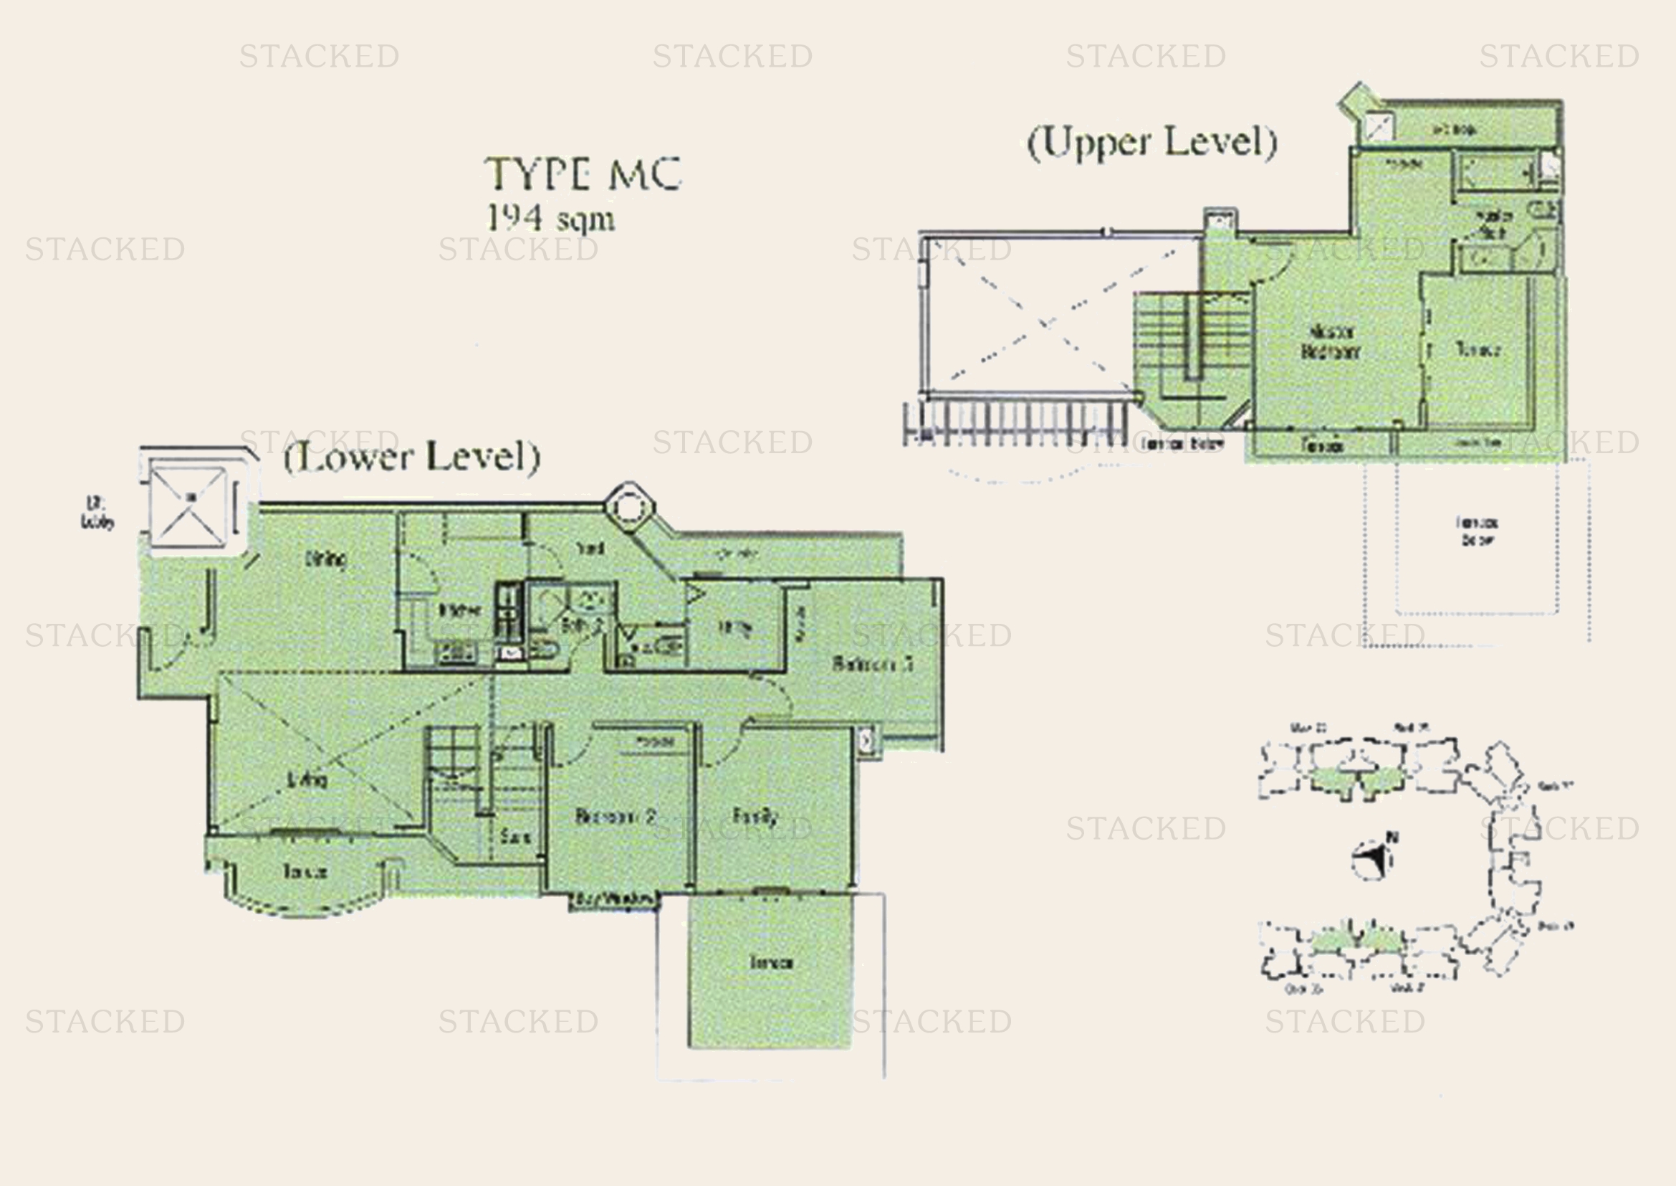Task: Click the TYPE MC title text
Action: point(583,174)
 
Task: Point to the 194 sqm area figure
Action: point(550,218)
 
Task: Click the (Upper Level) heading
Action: point(1152,142)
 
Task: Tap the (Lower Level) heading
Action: point(412,457)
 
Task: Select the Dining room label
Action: point(326,559)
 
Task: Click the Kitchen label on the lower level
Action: point(459,610)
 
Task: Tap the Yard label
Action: point(589,548)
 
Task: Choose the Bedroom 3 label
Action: point(872,664)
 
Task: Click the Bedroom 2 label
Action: point(615,816)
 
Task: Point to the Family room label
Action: point(755,816)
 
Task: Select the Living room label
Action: point(307,780)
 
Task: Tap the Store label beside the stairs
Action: point(515,837)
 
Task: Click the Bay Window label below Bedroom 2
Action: point(615,900)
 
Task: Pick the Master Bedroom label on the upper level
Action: point(1331,342)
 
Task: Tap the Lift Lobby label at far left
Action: point(97,512)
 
